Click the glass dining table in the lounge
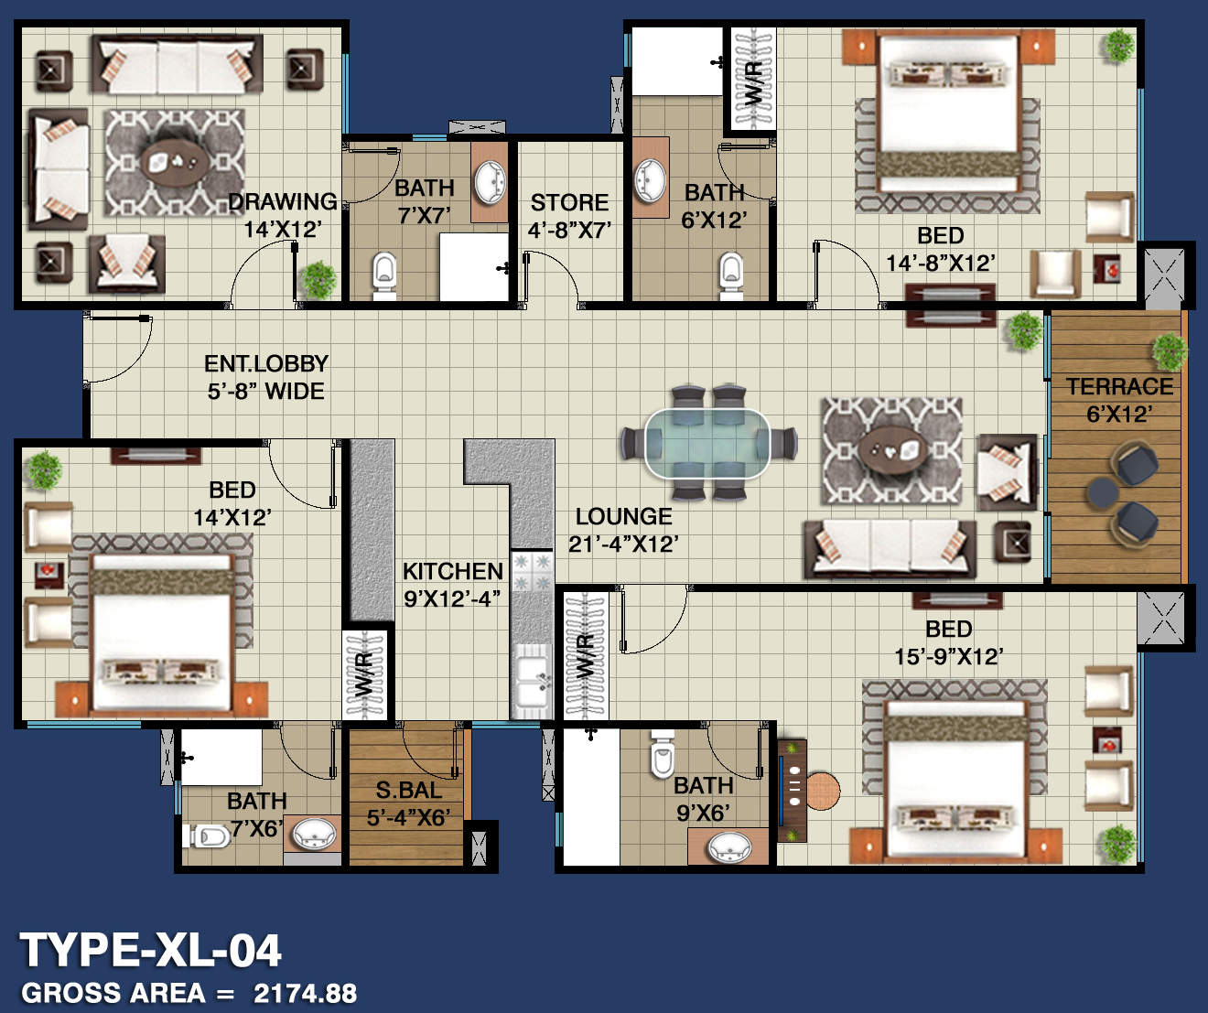[x=707, y=443]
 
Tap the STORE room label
[x=569, y=202]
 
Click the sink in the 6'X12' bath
[x=649, y=181]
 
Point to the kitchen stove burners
[x=533, y=571]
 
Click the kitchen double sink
[x=531, y=682]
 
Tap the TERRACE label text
[x=1119, y=386]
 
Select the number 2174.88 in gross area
[x=305, y=993]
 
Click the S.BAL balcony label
[x=408, y=790]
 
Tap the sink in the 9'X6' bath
[x=729, y=847]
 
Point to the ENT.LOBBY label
[x=266, y=363]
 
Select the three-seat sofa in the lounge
[x=890, y=549]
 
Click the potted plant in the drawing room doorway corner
[x=318, y=280]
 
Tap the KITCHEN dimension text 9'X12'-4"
[x=452, y=598]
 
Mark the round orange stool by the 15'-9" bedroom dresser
[x=822, y=791]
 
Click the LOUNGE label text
[x=623, y=517]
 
